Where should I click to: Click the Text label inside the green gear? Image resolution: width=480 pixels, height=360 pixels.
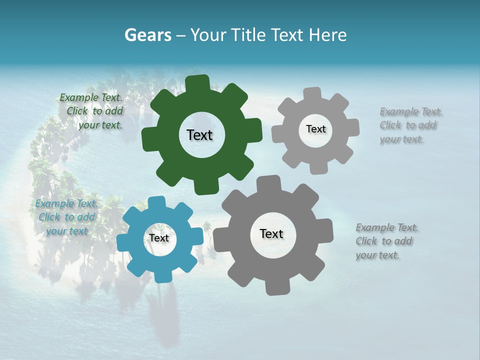[199, 135]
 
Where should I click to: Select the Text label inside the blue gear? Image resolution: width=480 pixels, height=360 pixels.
[158, 238]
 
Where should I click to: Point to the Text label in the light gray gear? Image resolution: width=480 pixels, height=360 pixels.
[315, 129]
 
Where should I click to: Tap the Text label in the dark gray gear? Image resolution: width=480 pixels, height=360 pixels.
[271, 234]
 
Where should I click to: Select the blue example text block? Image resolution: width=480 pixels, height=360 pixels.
[66, 217]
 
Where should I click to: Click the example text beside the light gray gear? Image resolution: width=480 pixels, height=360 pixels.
[410, 125]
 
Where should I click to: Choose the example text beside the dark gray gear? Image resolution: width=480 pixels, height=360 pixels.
[386, 241]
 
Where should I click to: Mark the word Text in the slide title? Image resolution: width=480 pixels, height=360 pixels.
[287, 35]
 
